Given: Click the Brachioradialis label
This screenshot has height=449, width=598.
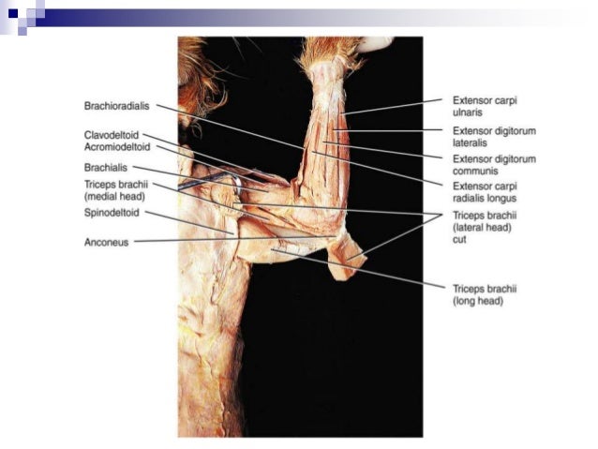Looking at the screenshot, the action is [x=116, y=106].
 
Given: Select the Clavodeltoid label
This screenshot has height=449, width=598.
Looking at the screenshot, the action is [x=112, y=135].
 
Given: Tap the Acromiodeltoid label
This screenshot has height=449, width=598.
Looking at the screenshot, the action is [x=117, y=147].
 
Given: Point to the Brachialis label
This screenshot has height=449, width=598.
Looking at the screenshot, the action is [x=106, y=167].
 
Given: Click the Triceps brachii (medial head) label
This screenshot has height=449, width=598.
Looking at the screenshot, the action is [x=116, y=191].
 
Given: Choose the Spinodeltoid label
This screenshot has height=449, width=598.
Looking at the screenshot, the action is [x=112, y=213].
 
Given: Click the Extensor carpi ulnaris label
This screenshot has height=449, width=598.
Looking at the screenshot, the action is [x=486, y=105].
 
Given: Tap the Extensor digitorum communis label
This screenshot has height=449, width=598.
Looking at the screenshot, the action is [x=493, y=165].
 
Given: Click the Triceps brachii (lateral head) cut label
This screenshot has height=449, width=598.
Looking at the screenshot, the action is [x=482, y=227].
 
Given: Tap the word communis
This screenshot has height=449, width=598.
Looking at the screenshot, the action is [x=475, y=171].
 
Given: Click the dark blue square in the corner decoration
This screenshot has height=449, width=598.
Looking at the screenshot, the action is [x=13, y=11].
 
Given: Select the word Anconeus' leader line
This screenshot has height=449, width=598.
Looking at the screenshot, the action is [x=187, y=241].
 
